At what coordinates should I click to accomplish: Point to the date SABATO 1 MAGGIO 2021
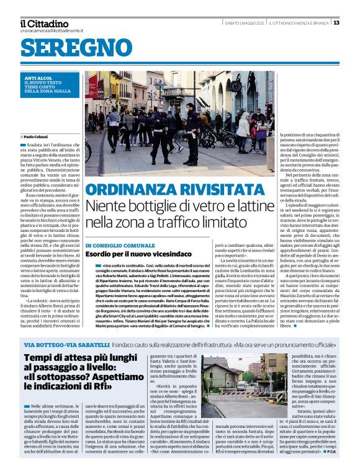click(x=244, y=23)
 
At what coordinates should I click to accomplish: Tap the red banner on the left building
click(x=92, y=86)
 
